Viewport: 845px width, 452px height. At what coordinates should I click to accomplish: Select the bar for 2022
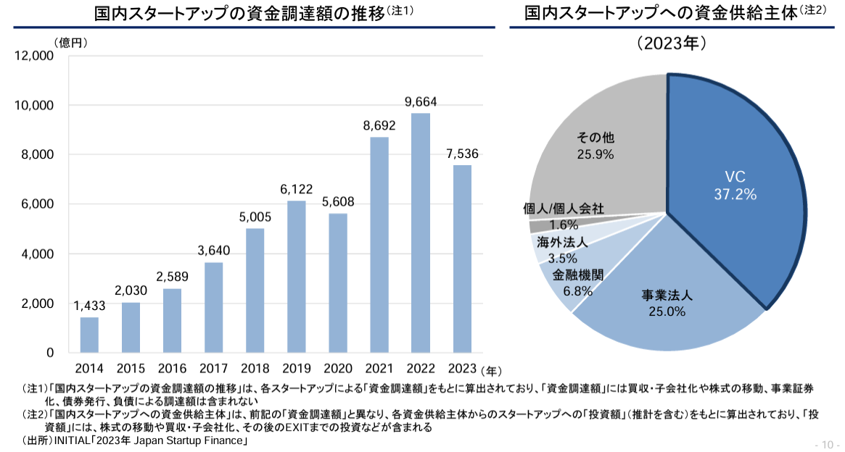pyautogui.click(x=420, y=233)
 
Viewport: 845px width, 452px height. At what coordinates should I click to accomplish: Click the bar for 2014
pyautogui.click(x=89, y=335)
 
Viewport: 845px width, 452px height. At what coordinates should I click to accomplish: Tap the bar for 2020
pyautogui.click(x=337, y=282)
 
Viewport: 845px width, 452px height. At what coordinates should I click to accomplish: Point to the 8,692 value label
pyautogui.click(x=379, y=125)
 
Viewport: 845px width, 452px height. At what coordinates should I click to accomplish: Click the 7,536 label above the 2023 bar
pyautogui.click(x=462, y=154)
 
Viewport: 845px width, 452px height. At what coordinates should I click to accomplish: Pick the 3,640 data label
pyautogui.click(x=213, y=251)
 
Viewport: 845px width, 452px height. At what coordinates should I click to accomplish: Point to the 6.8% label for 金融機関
pyautogui.click(x=578, y=292)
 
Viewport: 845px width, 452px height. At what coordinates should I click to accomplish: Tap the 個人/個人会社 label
pyautogui.click(x=564, y=209)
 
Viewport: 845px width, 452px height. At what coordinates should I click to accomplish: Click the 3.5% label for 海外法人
pyautogui.click(x=563, y=258)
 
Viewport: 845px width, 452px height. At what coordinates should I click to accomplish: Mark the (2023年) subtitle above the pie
pyautogui.click(x=672, y=43)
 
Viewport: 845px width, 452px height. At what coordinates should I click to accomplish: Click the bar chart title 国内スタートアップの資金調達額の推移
pyautogui.click(x=239, y=13)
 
